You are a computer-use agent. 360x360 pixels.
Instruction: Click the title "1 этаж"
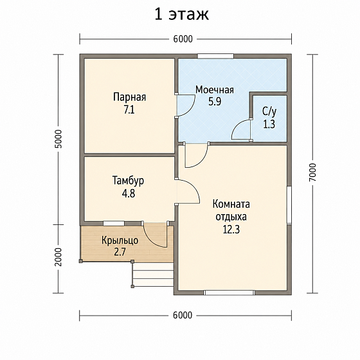tap(182, 14)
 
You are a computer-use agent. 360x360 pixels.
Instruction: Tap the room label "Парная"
tap(129, 97)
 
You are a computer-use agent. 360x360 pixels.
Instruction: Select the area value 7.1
tap(129, 110)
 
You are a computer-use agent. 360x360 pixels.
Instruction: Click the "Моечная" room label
tap(215, 89)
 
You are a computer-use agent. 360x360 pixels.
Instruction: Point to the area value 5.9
tap(215, 102)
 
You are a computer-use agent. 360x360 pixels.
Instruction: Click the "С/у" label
tap(269, 112)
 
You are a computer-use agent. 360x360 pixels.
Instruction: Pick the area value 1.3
tap(269, 125)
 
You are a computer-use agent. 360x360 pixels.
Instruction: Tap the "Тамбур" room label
tap(128, 180)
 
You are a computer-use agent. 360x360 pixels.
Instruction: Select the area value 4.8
tap(129, 193)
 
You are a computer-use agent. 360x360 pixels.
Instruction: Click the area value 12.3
tap(231, 229)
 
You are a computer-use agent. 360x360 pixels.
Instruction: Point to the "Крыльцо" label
tap(120, 240)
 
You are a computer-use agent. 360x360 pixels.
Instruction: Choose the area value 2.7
tap(120, 252)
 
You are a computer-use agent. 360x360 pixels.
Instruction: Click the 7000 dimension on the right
tap(312, 172)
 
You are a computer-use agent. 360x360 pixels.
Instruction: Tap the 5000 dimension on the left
tap(58, 139)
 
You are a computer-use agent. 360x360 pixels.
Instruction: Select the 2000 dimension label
tap(58, 257)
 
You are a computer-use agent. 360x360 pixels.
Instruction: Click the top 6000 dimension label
tap(183, 39)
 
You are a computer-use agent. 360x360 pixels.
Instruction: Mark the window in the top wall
tap(215, 57)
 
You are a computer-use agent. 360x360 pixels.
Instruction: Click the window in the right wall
tap(289, 205)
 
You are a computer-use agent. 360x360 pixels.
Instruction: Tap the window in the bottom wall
tap(229, 292)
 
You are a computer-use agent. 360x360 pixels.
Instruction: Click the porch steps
tap(153, 274)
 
